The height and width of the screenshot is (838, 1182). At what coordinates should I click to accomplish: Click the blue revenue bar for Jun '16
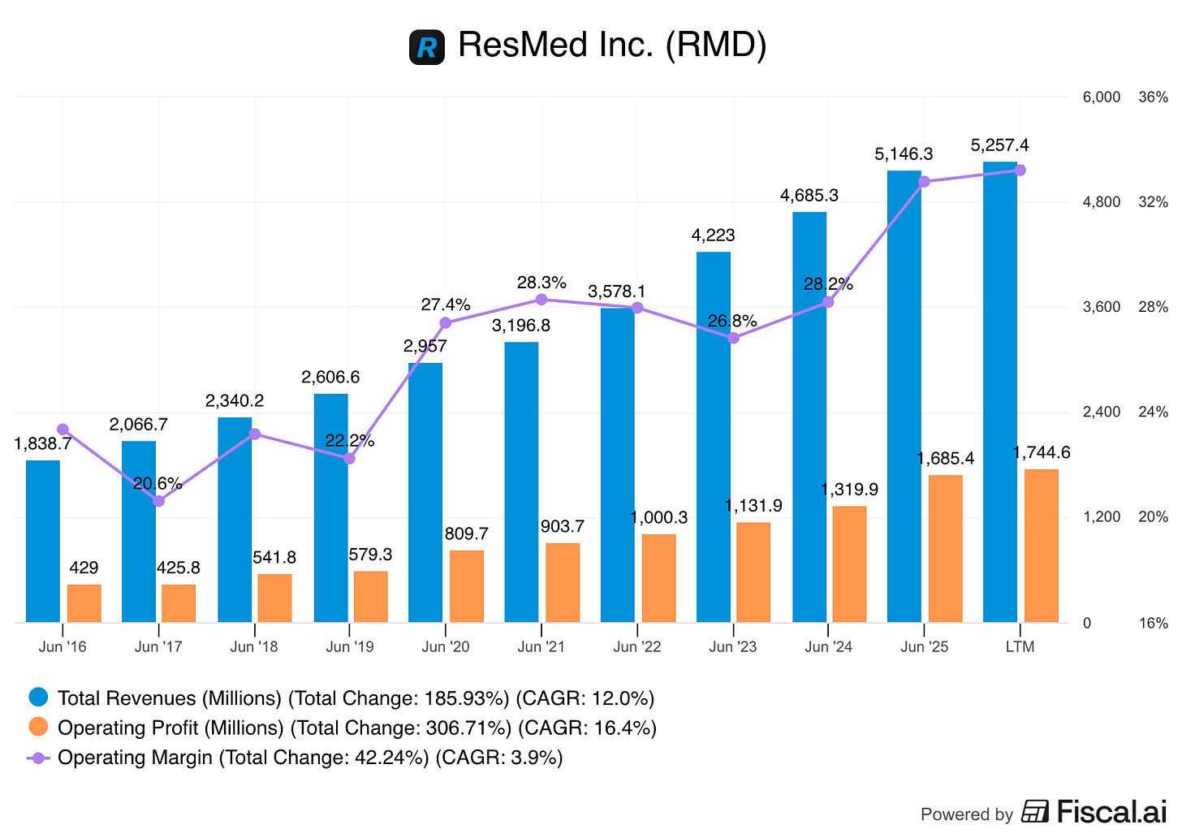click(x=43, y=542)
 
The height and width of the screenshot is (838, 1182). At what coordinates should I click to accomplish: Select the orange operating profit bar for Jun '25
click(x=945, y=549)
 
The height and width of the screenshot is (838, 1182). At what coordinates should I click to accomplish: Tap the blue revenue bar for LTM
click(x=999, y=392)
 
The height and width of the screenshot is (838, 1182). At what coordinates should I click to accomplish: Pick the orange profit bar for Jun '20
click(x=467, y=586)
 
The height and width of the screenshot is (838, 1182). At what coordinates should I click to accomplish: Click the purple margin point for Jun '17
click(x=159, y=501)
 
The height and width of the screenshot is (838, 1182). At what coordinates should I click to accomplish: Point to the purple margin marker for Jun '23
click(x=733, y=338)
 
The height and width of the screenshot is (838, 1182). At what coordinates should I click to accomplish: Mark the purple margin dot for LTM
click(x=1020, y=171)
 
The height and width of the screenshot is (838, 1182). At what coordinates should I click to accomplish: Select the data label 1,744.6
click(x=1042, y=452)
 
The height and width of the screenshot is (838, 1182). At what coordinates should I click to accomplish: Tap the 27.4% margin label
click(x=446, y=305)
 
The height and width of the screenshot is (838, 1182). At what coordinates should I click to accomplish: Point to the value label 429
click(x=84, y=568)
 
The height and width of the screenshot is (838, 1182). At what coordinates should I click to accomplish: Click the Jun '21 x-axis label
click(x=541, y=647)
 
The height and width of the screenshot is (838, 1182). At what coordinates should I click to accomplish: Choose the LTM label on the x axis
click(x=1020, y=647)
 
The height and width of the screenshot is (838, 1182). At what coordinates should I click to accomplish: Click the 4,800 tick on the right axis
click(x=1101, y=201)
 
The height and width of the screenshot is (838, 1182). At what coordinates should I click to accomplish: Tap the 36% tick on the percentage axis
click(x=1153, y=97)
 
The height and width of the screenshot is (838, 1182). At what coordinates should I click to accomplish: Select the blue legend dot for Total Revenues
click(x=38, y=698)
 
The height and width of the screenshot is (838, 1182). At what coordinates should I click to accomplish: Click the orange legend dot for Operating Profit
click(x=38, y=728)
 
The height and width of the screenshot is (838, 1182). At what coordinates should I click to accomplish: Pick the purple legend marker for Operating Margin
click(x=38, y=758)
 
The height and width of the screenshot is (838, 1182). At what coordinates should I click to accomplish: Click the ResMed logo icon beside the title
click(x=427, y=46)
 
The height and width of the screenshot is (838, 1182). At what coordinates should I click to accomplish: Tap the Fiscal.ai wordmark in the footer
click(x=1111, y=812)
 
